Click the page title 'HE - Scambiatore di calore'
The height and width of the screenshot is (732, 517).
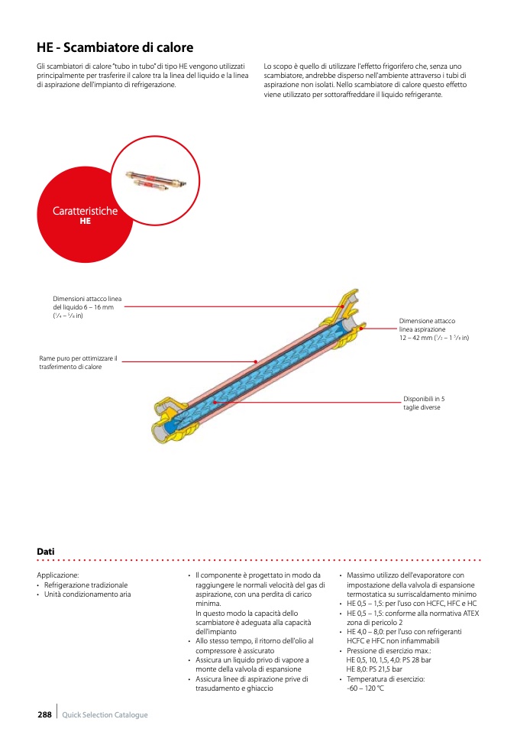(115, 48)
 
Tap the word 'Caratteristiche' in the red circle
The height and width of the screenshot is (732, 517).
(85, 211)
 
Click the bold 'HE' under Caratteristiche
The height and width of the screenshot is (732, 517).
(85, 221)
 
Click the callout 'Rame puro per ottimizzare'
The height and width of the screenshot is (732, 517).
(78, 362)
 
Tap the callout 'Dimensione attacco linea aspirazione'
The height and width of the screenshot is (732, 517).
(432, 329)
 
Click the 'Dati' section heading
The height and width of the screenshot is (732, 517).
(45, 551)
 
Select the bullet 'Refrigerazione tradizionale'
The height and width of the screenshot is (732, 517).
(86, 585)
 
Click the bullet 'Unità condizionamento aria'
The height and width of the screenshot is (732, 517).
(87, 594)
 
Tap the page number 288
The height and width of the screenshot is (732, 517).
(44, 714)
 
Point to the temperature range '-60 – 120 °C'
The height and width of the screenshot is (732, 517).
(365, 688)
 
